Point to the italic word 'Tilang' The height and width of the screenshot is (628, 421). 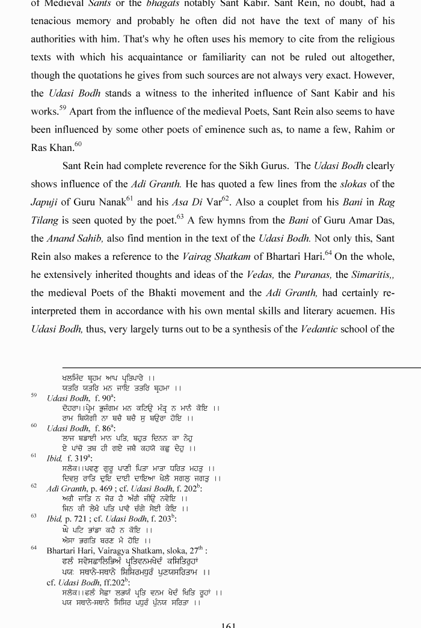(45, 220)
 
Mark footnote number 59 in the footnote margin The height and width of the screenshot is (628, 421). (34, 396)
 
